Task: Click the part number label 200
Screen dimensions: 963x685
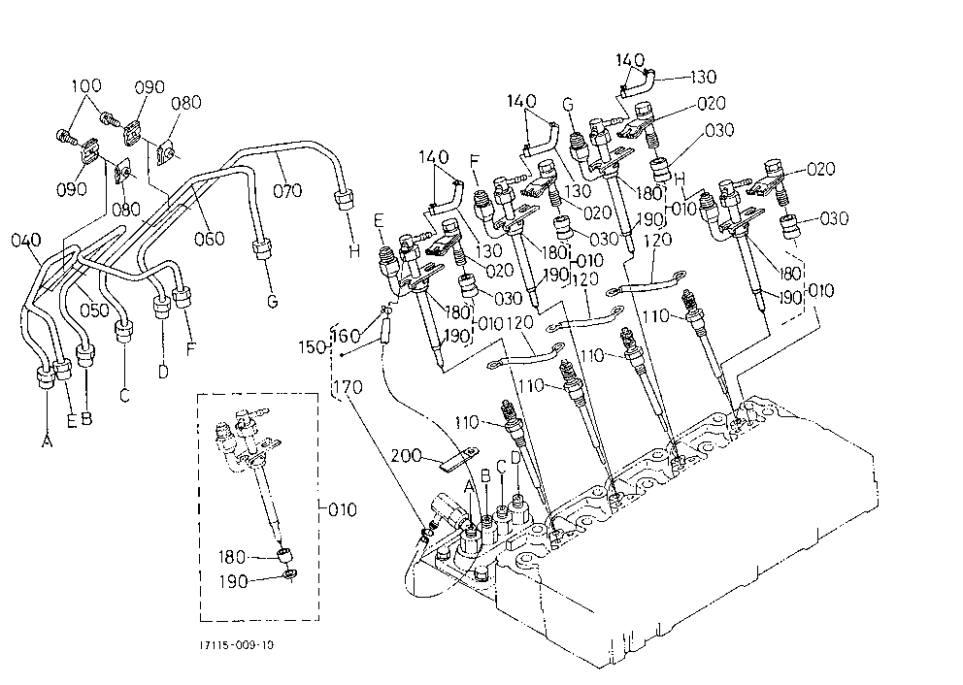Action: (x=406, y=455)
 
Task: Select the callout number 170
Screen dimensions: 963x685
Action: (x=348, y=387)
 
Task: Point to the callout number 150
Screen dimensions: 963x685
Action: (x=313, y=346)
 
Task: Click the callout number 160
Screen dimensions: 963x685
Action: (x=347, y=335)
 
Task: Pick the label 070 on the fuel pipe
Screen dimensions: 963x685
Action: (x=287, y=190)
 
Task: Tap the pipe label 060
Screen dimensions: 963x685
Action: (x=210, y=238)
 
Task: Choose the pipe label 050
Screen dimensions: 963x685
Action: (x=94, y=310)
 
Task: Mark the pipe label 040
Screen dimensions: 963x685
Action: (x=26, y=240)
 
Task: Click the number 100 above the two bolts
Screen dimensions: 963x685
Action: (x=86, y=86)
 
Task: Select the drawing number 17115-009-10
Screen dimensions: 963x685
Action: (x=237, y=645)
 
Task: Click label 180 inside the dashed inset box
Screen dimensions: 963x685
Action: (x=233, y=557)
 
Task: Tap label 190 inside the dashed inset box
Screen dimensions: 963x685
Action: (x=233, y=581)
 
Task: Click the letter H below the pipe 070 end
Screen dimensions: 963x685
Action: (x=354, y=250)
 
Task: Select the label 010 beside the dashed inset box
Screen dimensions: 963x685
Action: (x=342, y=509)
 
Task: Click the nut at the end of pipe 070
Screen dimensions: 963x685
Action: (x=343, y=200)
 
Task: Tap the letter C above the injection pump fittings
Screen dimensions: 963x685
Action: (x=501, y=467)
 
